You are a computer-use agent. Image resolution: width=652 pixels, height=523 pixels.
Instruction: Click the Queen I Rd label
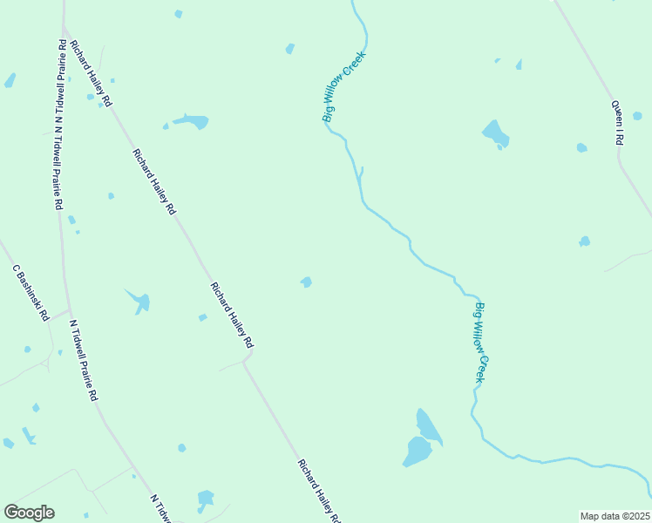tap(617, 124)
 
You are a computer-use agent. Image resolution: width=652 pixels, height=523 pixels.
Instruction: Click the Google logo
tap(29, 513)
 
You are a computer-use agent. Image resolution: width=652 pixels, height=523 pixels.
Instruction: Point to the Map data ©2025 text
tap(614, 516)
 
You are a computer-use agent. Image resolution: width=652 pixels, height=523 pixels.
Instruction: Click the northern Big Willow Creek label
tap(344, 86)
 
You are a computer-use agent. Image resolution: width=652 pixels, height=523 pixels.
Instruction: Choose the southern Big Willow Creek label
tap(479, 343)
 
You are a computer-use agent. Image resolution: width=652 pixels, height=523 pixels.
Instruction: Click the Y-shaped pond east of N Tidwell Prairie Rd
tap(139, 301)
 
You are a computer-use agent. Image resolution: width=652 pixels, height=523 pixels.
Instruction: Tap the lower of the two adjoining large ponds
tap(417, 452)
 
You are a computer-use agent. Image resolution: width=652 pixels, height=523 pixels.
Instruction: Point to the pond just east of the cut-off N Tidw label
tap(206, 499)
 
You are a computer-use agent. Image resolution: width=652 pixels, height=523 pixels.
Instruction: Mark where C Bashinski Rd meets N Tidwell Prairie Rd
tap(70, 309)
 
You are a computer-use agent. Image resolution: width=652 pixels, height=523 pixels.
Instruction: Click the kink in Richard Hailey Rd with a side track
tap(248, 357)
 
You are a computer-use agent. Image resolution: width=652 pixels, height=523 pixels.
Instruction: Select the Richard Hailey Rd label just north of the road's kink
tap(231, 313)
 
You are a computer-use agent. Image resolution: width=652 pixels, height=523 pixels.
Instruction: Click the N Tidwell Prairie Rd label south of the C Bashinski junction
tap(84, 359)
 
